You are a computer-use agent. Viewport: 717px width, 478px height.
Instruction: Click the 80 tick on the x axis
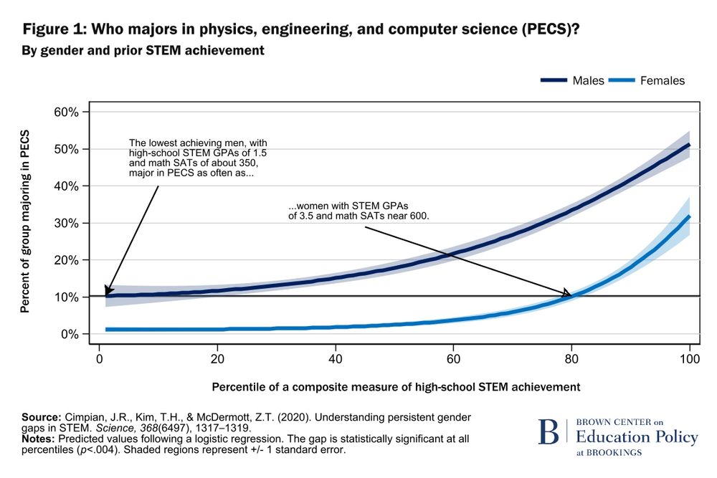pyautogui.click(x=571, y=358)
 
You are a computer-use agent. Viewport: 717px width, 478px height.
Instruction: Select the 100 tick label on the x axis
pyautogui.click(x=689, y=358)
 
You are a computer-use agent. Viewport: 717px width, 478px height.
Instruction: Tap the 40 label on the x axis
pyautogui.click(x=335, y=358)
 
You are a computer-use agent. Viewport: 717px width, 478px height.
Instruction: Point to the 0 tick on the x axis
pyautogui.click(x=99, y=358)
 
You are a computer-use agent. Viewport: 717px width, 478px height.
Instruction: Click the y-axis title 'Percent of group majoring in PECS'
pyautogui.click(x=25, y=222)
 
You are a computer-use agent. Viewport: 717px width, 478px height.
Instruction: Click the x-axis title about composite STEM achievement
pyautogui.click(x=396, y=387)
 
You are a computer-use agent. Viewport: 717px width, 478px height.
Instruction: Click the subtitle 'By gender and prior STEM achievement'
pyautogui.click(x=143, y=51)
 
